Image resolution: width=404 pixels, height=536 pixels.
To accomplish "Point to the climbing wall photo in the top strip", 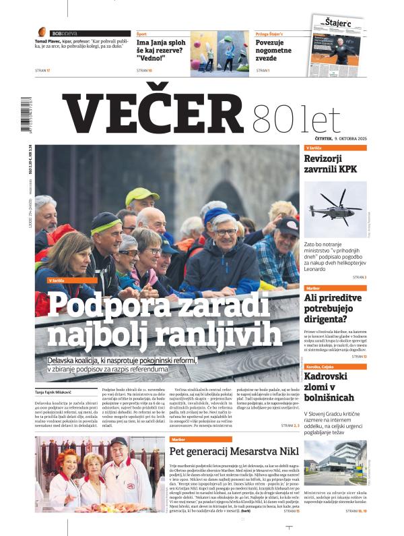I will (215, 53).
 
